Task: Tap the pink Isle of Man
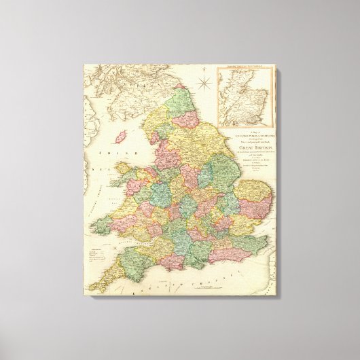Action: pyautogui.click(x=123, y=137)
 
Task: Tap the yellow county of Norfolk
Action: pyautogui.click(x=255, y=187)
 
